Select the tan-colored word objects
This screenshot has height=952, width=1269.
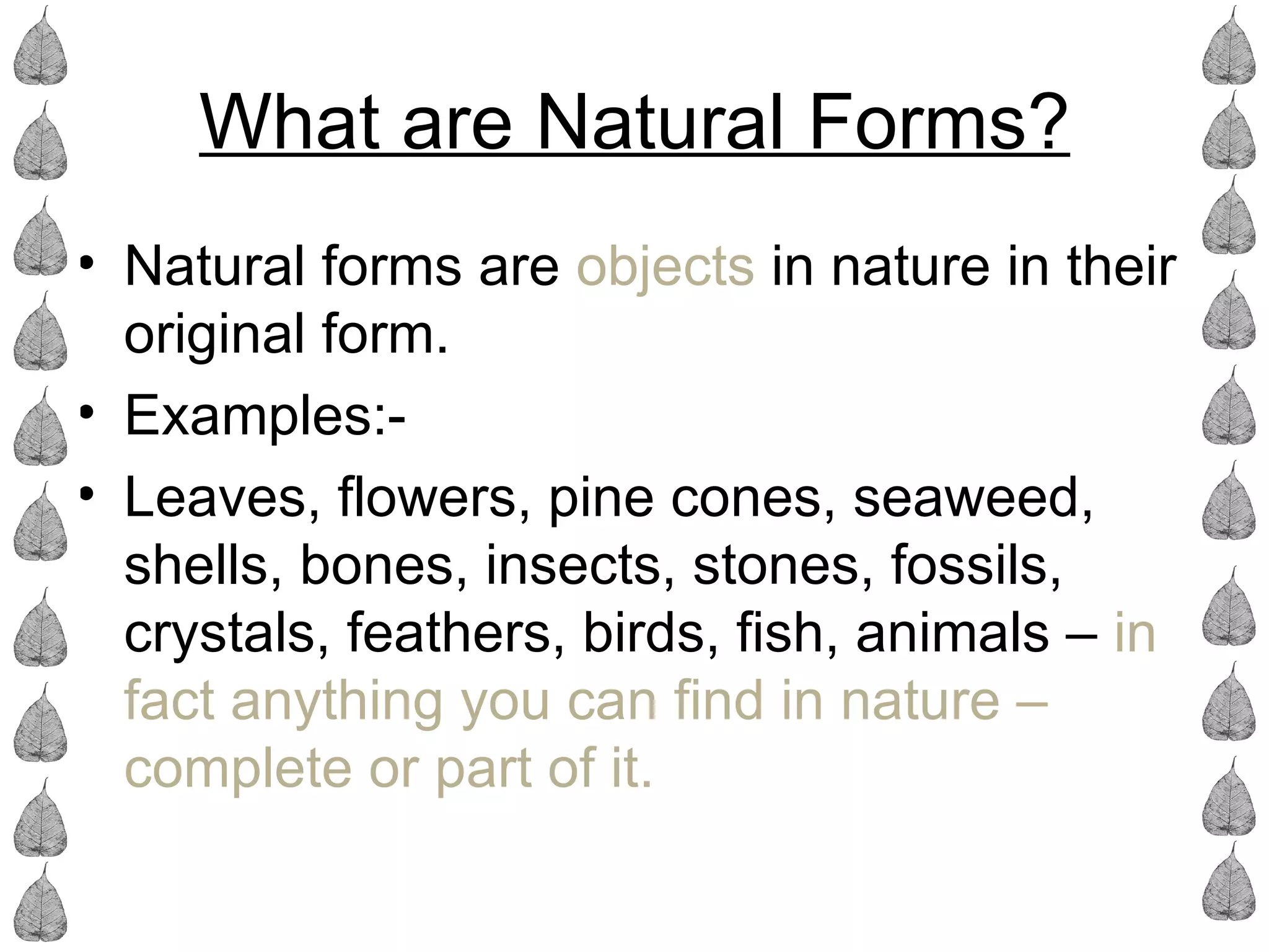click(x=665, y=268)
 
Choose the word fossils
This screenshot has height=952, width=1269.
click(x=975, y=565)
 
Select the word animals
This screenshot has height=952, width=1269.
click(x=952, y=633)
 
